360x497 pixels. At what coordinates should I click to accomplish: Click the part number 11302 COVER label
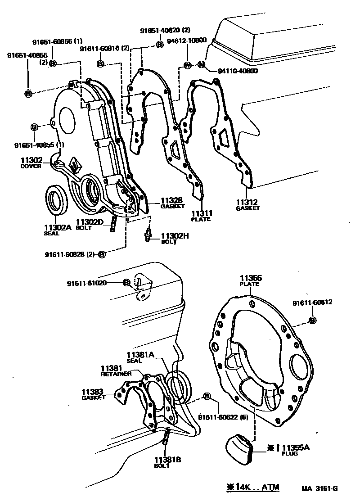[x=31, y=162]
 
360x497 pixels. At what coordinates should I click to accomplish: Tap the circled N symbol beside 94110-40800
[x=202, y=65]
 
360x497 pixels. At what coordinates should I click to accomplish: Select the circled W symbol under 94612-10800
[x=187, y=65]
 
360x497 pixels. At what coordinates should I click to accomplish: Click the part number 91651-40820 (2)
[x=165, y=31]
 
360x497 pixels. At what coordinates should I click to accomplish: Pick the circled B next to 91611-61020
[x=126, y=282]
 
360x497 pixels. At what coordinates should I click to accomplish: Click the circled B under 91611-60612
[x=312, y=320]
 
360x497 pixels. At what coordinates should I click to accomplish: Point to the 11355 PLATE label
[x=251, y=281]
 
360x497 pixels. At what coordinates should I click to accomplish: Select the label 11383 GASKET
[x=93, y=394]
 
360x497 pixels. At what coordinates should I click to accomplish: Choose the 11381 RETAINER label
[x=116, y=370]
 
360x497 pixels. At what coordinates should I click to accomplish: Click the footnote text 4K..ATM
[x=253, y=487]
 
